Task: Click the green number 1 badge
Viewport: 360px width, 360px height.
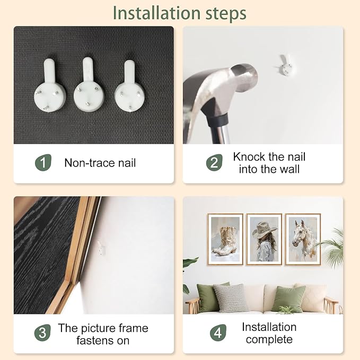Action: point(43,163)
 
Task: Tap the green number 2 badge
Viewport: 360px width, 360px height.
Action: point(214,163)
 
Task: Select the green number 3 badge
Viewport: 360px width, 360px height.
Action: point(42,332)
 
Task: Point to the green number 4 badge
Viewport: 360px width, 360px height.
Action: point(218,332)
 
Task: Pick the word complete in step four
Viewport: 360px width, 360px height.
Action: point(269,340)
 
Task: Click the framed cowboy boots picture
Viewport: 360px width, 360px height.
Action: point(225,239)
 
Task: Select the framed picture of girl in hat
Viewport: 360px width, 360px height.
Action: point(264,239)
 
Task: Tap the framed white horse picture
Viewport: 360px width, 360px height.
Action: point(303,239)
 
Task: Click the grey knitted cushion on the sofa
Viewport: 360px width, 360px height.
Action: point(231,298)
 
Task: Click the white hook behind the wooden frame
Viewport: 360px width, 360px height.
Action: point(101,248)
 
